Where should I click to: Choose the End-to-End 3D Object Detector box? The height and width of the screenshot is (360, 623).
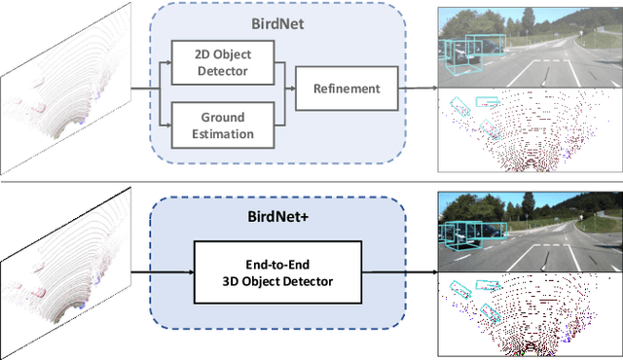277,271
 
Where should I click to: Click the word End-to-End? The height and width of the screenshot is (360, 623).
277,263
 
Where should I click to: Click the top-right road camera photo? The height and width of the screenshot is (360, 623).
530,46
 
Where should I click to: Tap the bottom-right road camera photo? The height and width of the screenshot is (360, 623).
530,231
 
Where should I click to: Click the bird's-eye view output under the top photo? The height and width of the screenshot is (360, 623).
530,133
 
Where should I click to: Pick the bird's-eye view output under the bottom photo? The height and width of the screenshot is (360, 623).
530,314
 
